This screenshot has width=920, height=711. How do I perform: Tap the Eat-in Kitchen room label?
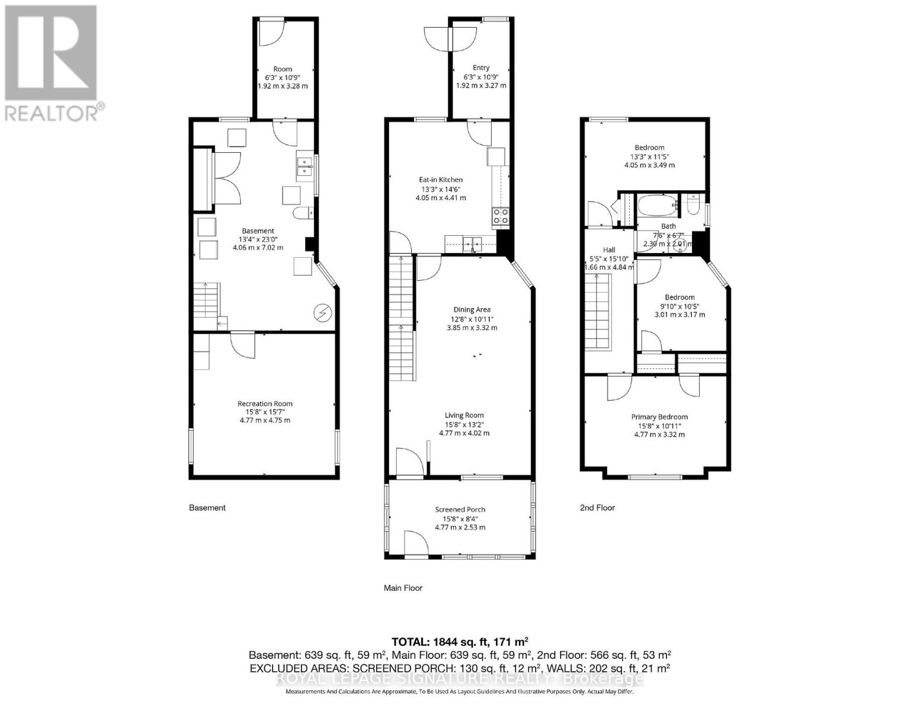[441, 180]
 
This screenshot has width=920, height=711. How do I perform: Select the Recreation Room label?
[265, 403]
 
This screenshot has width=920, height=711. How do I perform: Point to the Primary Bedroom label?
[659, 417]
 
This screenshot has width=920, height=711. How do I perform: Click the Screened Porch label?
[460, 509]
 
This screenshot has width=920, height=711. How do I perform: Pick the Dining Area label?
[472, 309]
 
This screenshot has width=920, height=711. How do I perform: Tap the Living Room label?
[464, 415]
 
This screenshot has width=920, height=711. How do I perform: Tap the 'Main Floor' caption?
[403, 588]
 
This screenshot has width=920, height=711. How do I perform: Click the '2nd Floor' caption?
[597, 507]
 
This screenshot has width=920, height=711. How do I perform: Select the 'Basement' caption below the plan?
[207, 507]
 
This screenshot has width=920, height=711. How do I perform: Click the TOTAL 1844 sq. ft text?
[460, 642]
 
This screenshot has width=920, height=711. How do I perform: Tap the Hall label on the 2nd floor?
[609, 249]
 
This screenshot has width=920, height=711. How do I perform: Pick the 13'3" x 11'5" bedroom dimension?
[649, 156]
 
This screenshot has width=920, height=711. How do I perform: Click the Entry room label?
[481, 68]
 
